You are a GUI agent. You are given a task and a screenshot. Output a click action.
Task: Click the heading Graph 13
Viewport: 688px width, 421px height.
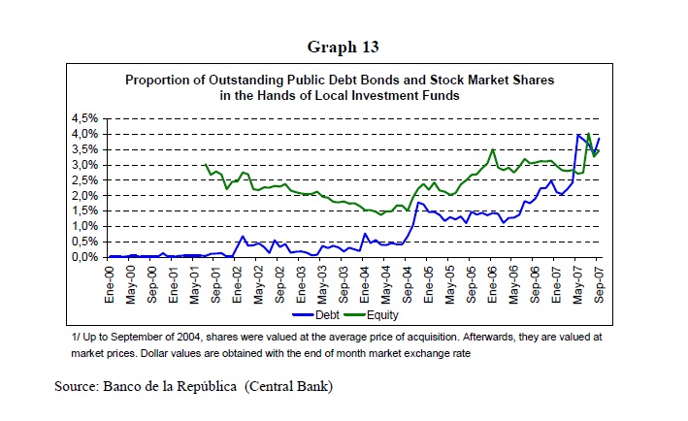point(343,47)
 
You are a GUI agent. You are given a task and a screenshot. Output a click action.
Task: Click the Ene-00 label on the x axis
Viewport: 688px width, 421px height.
point(113,280)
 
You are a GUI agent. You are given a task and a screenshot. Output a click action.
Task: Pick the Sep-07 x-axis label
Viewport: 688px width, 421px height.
point(599,280)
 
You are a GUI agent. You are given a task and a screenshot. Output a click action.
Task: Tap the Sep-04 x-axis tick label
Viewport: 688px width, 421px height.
point(409,280)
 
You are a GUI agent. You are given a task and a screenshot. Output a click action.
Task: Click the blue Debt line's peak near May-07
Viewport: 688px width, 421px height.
point(579,135)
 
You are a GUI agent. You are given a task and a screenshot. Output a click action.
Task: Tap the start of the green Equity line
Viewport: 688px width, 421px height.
point(207,165)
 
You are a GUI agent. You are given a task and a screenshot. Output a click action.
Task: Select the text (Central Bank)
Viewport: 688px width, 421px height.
point(290,387)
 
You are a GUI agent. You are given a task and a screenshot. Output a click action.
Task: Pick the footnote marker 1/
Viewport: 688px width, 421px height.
point(78,337)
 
